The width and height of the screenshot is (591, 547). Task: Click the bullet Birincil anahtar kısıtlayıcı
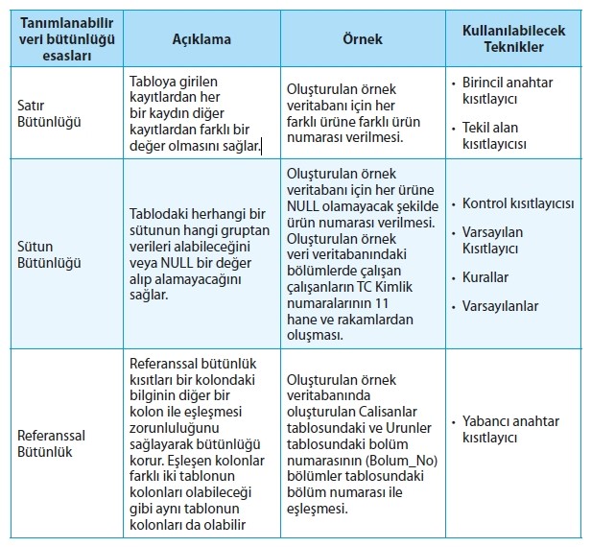(x=513, y=91)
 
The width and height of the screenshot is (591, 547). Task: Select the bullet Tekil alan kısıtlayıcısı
(x=506, y=135)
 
